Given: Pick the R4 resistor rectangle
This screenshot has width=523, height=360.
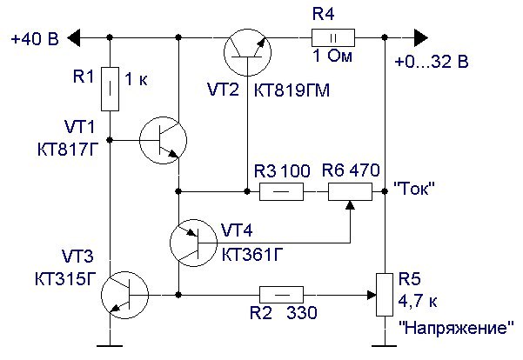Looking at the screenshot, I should point(333,37).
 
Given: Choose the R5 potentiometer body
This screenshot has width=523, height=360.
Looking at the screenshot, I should point(384,295).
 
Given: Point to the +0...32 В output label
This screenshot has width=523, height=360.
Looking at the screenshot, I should point(431,63).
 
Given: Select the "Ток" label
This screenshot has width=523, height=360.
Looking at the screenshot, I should point(414,187).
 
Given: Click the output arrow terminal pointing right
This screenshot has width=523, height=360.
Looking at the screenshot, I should point(421,37).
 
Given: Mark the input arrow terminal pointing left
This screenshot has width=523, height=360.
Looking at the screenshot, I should point(77,37).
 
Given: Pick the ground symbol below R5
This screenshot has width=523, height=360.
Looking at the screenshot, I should point(384,343).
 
